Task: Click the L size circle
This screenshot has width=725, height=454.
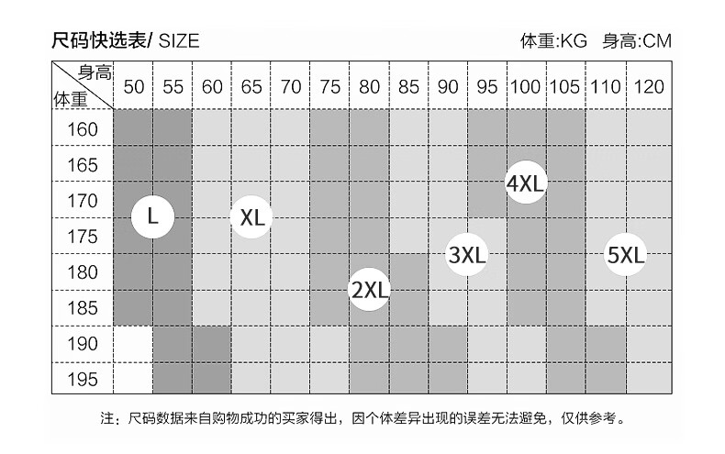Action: [x=153, y=217]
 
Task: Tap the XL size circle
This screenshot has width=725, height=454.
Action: [x=252, y=217]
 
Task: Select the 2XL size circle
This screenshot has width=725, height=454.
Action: [x=370, y=290]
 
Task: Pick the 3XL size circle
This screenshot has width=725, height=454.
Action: [x=466, y=254]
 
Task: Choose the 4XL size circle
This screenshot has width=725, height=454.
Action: [x=526, y=183]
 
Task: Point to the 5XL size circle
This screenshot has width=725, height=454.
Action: [x=627, y=254]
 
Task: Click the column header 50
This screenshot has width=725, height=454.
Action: [x=134, y=87]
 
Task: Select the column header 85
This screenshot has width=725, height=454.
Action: [x=409, y=87]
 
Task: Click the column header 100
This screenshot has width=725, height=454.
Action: [x=526, y=87]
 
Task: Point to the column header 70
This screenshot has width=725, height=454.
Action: [x=291, y=87]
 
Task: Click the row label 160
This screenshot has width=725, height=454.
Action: [x=83, y=129]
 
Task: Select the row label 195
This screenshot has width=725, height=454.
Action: [x=83, y=379]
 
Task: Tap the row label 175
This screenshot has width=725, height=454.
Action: [x=83, y=236]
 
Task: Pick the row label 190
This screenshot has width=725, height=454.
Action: [x=83, y=344]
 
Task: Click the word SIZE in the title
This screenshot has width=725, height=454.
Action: [x=179, y=40]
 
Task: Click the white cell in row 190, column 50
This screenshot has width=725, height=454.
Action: [x=133, y=344]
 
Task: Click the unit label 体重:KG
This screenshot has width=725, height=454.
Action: [x=553, y=40]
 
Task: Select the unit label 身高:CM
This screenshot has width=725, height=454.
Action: [x=638, y=40]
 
